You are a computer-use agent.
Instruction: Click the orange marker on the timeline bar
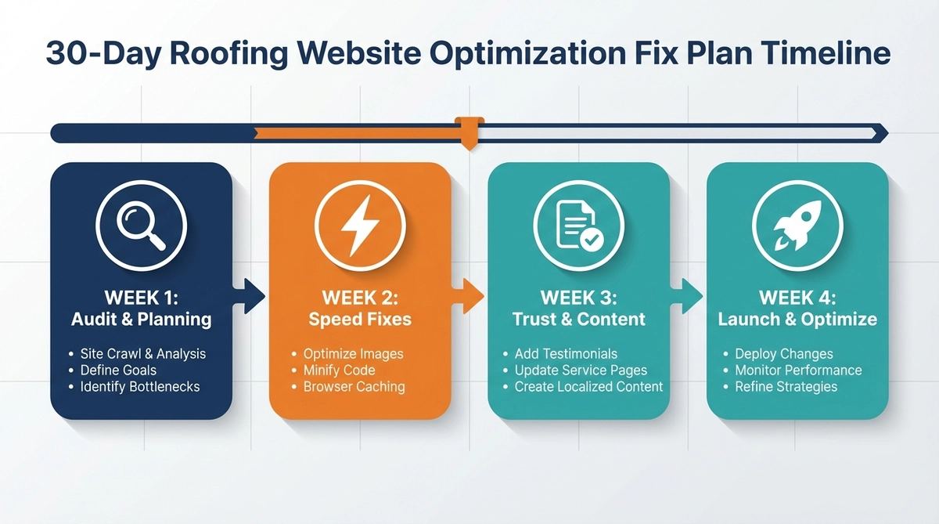(x=469, y=132)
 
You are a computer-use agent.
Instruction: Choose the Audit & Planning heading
(x=141, y=319)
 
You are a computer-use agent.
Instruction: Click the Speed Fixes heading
(x=360, y=319)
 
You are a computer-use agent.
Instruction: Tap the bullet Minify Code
(x=339, y=370)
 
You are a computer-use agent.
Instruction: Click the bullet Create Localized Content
(x=588, y=386)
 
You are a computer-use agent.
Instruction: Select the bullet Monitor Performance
(x=797, y=370)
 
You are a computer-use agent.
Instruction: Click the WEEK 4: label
(x=797, y=298)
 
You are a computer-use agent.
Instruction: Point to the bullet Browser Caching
(x=354, y=386)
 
